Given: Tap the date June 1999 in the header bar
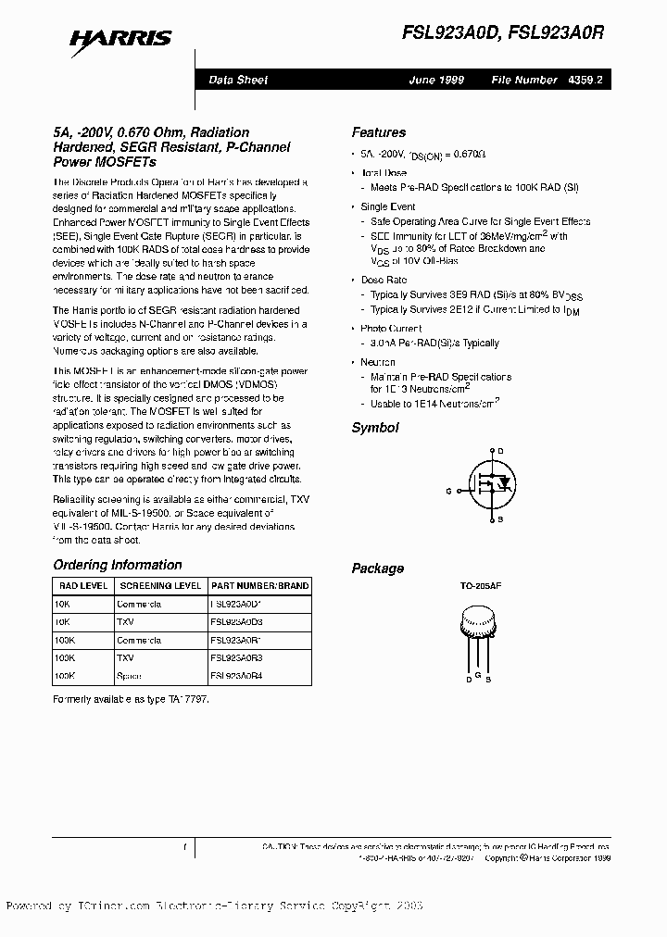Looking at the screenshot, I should pyautogui.click(x=435, y=81).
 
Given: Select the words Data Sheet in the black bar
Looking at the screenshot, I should pyautogui.click(x=238, y=81).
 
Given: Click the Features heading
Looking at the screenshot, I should pyautogui.click(x=378, y=132).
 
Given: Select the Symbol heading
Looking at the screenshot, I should pyautogui.click(x=375, y=428).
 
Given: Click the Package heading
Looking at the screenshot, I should pyautogui.click(x=377, y=568).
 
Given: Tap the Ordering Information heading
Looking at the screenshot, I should pyautogui.click(x=118, y=565).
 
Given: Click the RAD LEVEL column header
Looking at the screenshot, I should pyautogui.click(x=81, y=585).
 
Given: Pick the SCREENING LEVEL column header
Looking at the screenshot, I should pyautogui.click(x=158, y=585).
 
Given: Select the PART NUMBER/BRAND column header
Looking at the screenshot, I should pyautogui.click(x=259, y=585).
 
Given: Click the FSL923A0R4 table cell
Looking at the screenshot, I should pyautogui.click(x=237, y=676).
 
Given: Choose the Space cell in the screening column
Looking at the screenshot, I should pyautogui.click(x=130, y=676).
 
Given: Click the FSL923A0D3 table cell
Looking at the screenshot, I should pyautogui.click(x=237, y=621).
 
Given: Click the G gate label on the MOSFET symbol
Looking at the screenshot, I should pyautogui.click(x=448, y=491).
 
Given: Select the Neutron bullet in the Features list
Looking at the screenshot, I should pyautogui.click(x=378, y=362).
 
